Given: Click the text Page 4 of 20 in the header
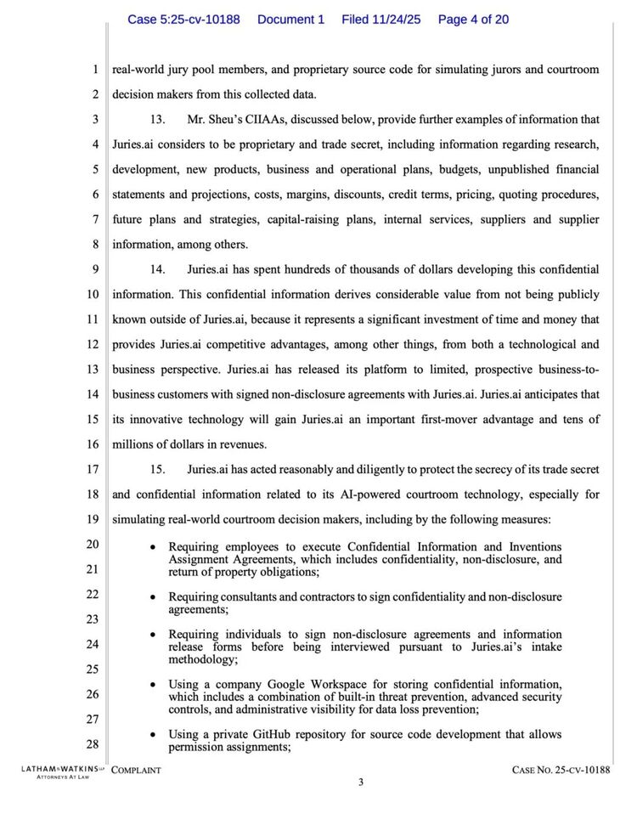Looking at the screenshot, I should tap(473, 20).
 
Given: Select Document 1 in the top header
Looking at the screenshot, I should tap(290, 20).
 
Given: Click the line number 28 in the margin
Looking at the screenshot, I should tap(93, 744).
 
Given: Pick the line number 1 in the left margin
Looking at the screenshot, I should tap(96, 70).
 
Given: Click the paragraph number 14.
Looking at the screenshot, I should tap(157, 269).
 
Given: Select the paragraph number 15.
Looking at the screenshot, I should tap(157, 469).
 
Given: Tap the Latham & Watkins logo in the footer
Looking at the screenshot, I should tap(58, 771).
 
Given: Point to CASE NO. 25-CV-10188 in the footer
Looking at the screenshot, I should tap(561, 770).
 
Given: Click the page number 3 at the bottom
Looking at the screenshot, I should tap(360, 783).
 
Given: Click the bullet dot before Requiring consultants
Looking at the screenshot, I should tap(152, 597).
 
